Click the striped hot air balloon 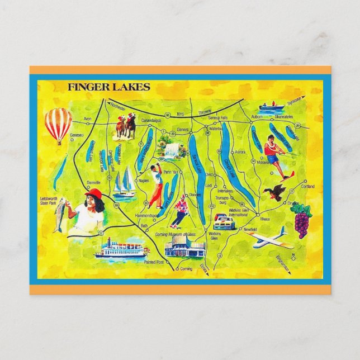(58, 124)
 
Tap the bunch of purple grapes (301, 219)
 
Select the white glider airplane (270, 240)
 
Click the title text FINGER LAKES (108, 87)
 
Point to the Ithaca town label (264, 219)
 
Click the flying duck (275, 192)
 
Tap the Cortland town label (307, 187)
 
